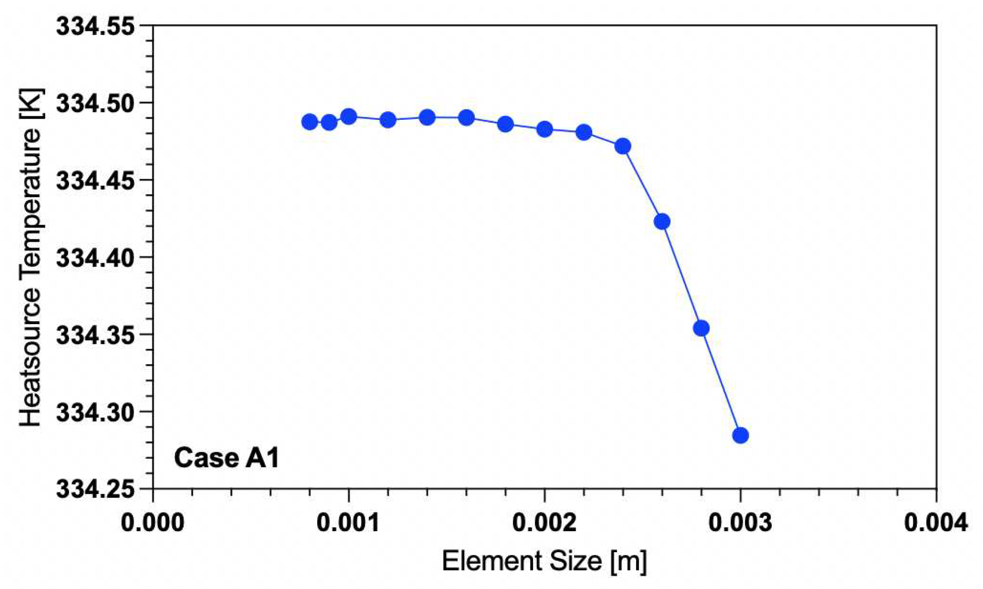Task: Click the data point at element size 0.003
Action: (740, 435)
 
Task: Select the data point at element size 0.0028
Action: (701, 328)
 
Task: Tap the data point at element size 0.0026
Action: (662, 222)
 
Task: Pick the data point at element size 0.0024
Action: (623, 146)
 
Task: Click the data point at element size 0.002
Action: (545, 129)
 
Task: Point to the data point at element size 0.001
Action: (349, 117)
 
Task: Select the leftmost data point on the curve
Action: (309, 122)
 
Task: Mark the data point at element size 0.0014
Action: (427, 117)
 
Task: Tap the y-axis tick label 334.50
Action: (96, 103)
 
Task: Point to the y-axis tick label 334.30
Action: (96, 412)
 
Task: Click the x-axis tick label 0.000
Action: (153, 522)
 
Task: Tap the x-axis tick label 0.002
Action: (544, 522)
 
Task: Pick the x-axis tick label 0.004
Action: (936, 522)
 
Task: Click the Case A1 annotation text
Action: (227, 458)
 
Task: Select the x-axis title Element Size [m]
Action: (544, 562)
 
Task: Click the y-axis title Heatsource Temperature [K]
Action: (30, 257)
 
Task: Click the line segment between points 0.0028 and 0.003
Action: (721, 382)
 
